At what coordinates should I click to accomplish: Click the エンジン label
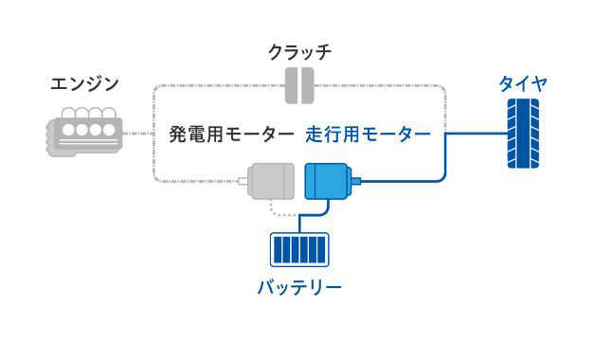coord(84,84)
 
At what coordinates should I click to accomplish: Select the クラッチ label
coord(300,50)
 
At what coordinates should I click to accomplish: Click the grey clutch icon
coord(300,84)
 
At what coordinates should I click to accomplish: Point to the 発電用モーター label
coord(231,135)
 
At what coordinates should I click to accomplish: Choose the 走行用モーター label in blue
coord(368,135)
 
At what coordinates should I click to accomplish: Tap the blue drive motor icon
coord(328,181)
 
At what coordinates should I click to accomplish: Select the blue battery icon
coord(299,251)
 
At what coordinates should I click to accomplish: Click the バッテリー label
coord(299,286)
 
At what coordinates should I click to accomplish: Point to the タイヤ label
coord(523,84)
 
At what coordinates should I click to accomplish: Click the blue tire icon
coord(523,134)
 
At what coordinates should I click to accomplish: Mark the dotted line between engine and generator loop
coord(137,134)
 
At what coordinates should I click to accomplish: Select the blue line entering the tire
coord(474,134)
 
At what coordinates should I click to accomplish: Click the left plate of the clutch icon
coord(293,84)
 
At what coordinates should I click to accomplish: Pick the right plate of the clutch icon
coord(308,84)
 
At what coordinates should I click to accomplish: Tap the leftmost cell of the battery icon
coord(279,251)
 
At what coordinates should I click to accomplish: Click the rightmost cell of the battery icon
coord(321,251)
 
